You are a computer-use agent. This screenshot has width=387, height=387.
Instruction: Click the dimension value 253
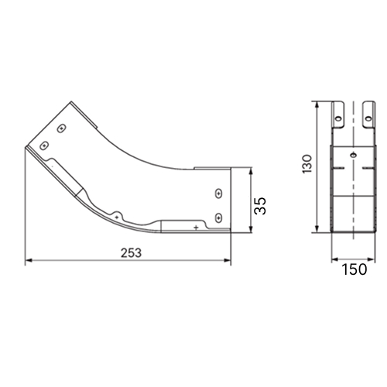pyautogui.click(x=131, y=253)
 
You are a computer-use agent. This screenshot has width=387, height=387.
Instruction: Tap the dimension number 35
pyautogui.click(x=260, y=206)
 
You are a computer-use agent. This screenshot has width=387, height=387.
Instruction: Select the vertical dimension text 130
pyautogui.click(x=307, y=164)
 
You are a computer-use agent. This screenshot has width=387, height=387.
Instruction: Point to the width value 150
pyautogui.click(x=354, y=269)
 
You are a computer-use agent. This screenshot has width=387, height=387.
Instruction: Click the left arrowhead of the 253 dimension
pyautogui.click(x=29, y=260)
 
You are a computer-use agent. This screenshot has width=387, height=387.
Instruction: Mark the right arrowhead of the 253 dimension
pyautogui.click(x=228, y=260)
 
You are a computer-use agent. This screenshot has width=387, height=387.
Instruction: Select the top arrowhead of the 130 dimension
pyautogui.click(x=317, y=104)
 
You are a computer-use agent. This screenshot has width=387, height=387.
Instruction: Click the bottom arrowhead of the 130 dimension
pyautogui.click(x=317, y=229)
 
